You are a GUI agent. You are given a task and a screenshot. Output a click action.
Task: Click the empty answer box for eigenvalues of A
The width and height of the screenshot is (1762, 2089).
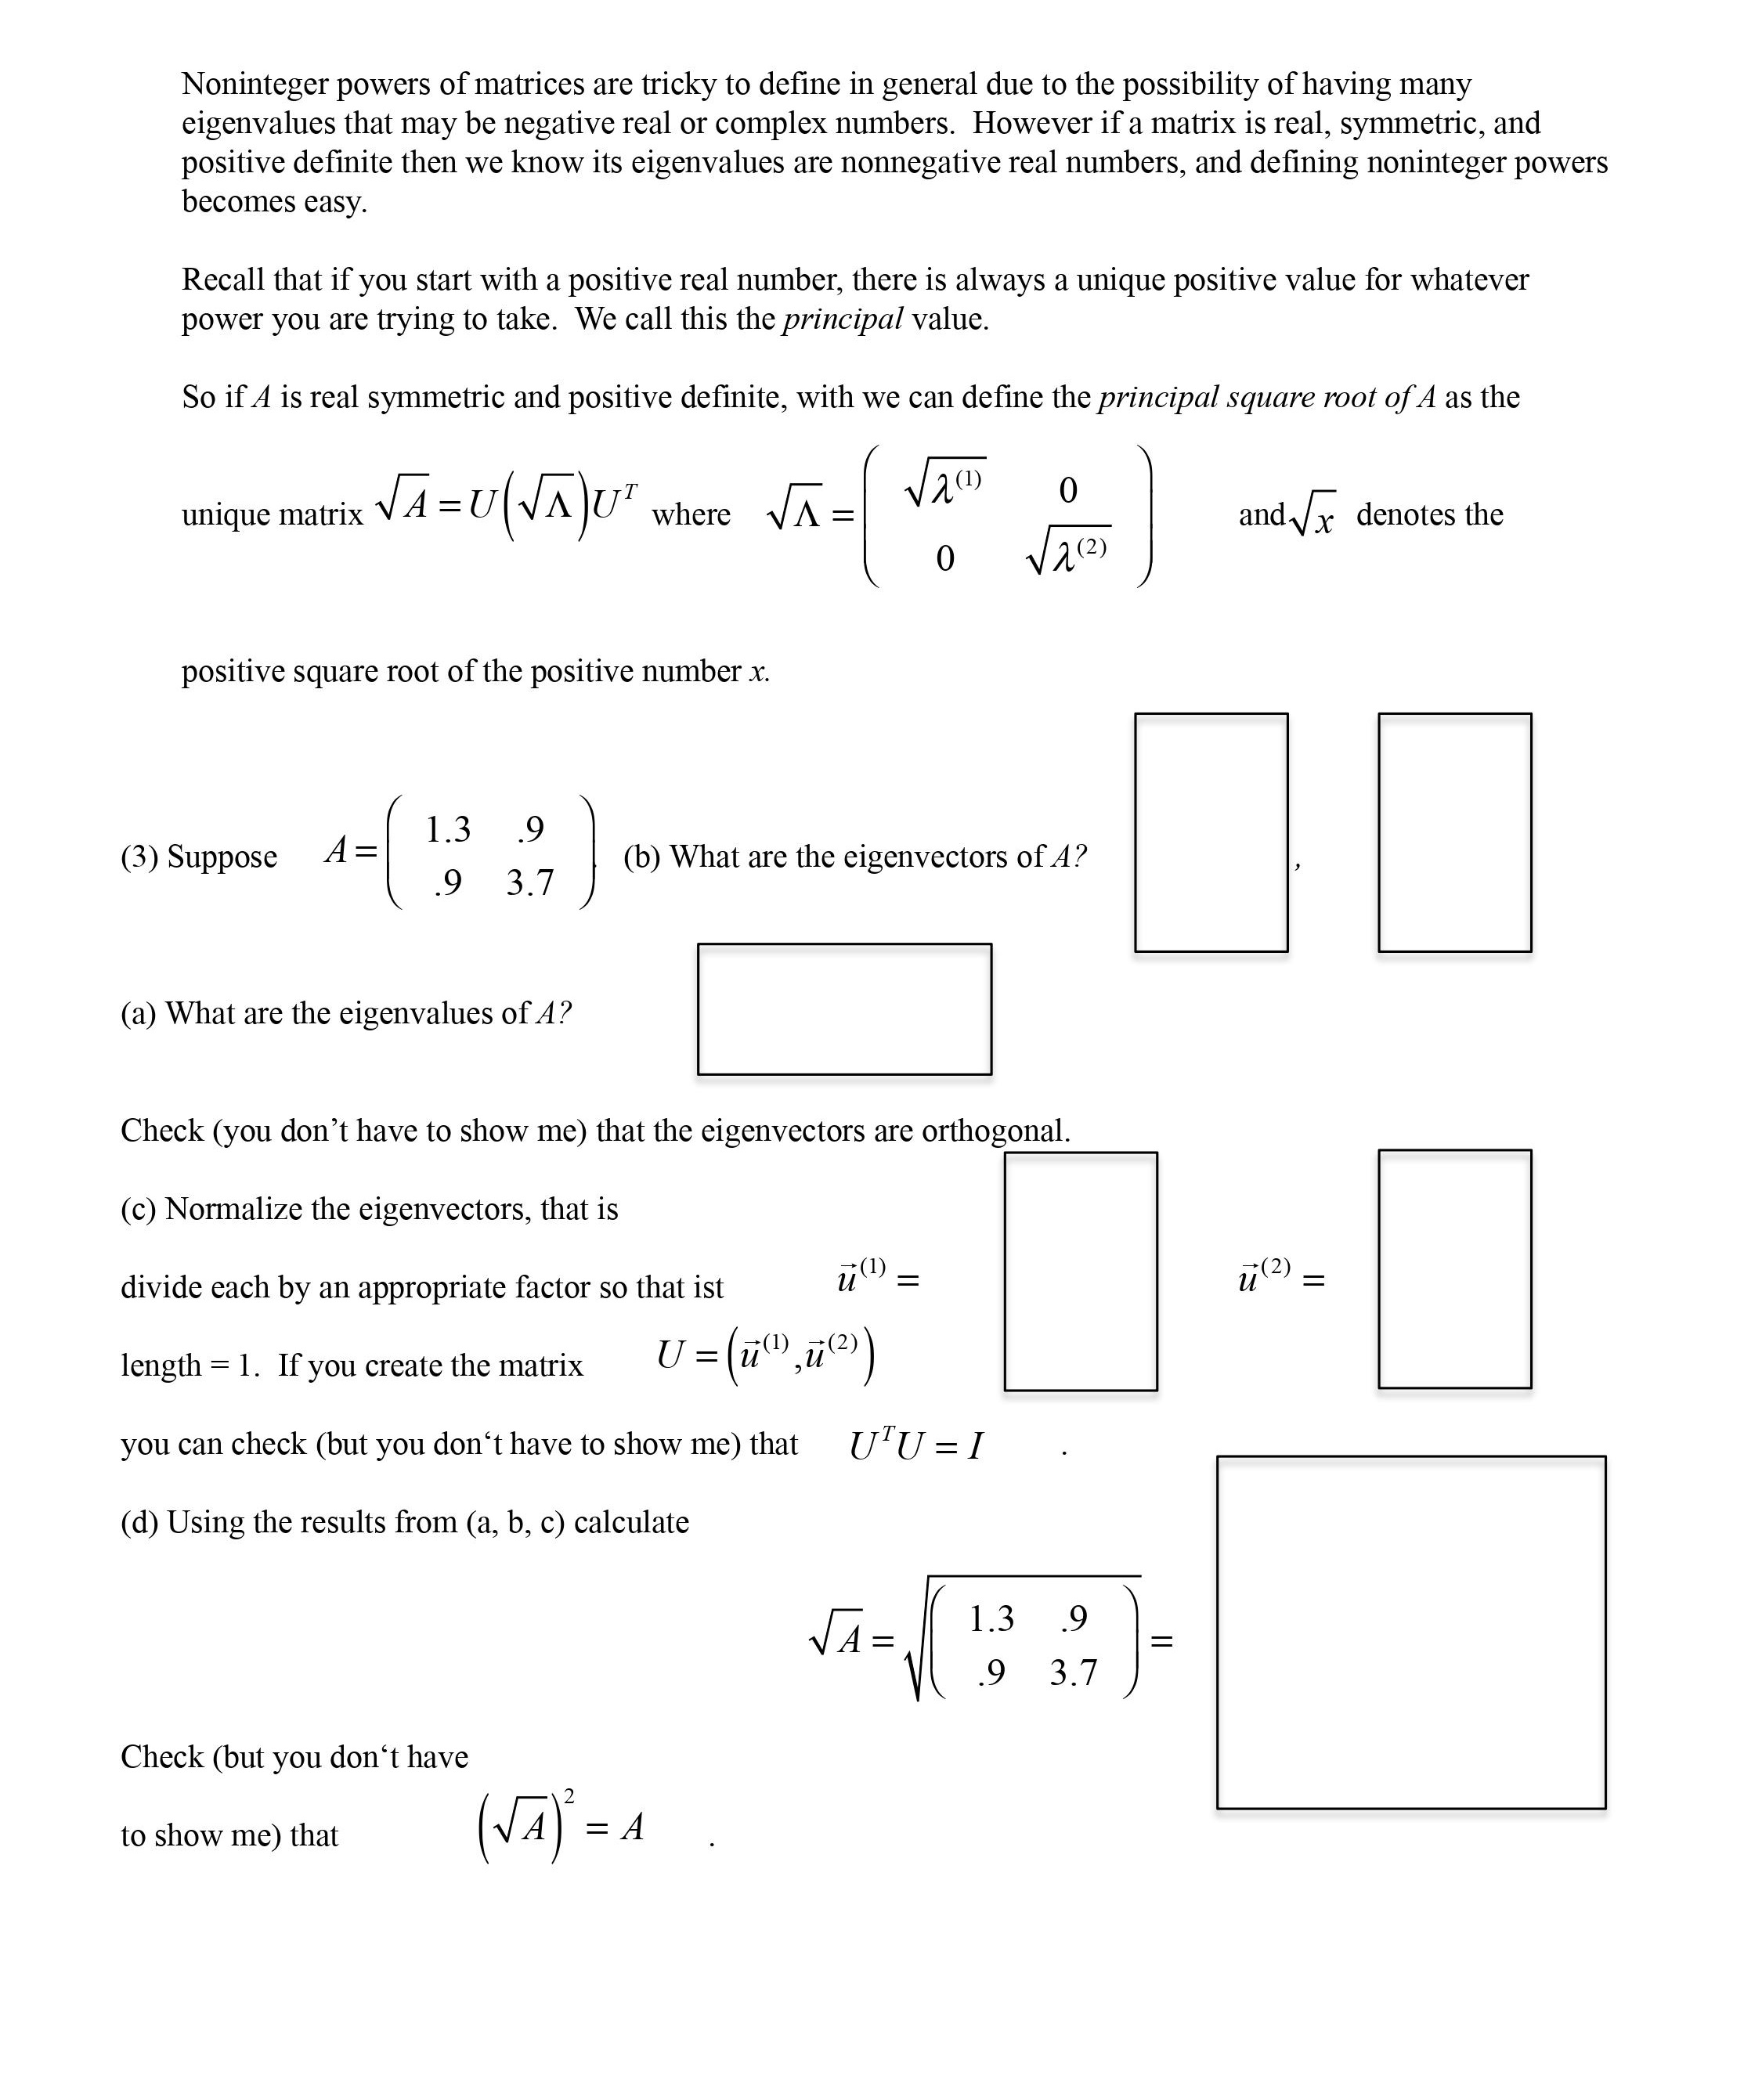(x=844, y=1008)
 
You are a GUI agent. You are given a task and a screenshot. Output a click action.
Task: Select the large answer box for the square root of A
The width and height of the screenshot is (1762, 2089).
(x=1410, y=1632)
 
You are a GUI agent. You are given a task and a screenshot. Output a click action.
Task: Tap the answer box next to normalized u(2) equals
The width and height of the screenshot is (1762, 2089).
(x=1454, y=1269)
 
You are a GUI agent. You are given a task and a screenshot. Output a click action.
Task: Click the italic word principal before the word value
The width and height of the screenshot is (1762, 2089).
(x=842, y=319)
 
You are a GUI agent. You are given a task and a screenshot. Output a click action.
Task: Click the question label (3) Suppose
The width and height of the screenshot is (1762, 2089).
(x=199, y=857)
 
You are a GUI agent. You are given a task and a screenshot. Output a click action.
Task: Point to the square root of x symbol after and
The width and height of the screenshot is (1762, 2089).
(x=1312, y=515)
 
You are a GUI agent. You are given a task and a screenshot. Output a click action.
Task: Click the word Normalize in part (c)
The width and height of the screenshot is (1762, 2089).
(x=233, y=1209)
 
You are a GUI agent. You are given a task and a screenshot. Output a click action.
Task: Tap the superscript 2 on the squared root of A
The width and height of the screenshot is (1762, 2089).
(x=569, y=1796)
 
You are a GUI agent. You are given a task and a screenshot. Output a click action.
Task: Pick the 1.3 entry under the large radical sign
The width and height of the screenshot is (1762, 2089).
(x=991, y=1618)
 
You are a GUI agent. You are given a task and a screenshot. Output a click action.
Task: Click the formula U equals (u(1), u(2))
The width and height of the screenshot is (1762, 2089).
(x=765, y=1356)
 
